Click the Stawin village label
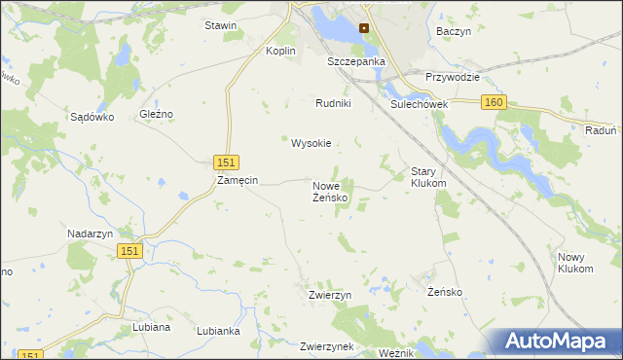220,25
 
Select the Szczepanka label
356,61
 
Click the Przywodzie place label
454,76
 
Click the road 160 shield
495,102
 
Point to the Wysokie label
311,143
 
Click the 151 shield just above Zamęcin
225,162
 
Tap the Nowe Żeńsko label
331,191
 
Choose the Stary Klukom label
428,176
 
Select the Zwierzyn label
329,294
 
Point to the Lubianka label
218,331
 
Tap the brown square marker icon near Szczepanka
364,28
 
